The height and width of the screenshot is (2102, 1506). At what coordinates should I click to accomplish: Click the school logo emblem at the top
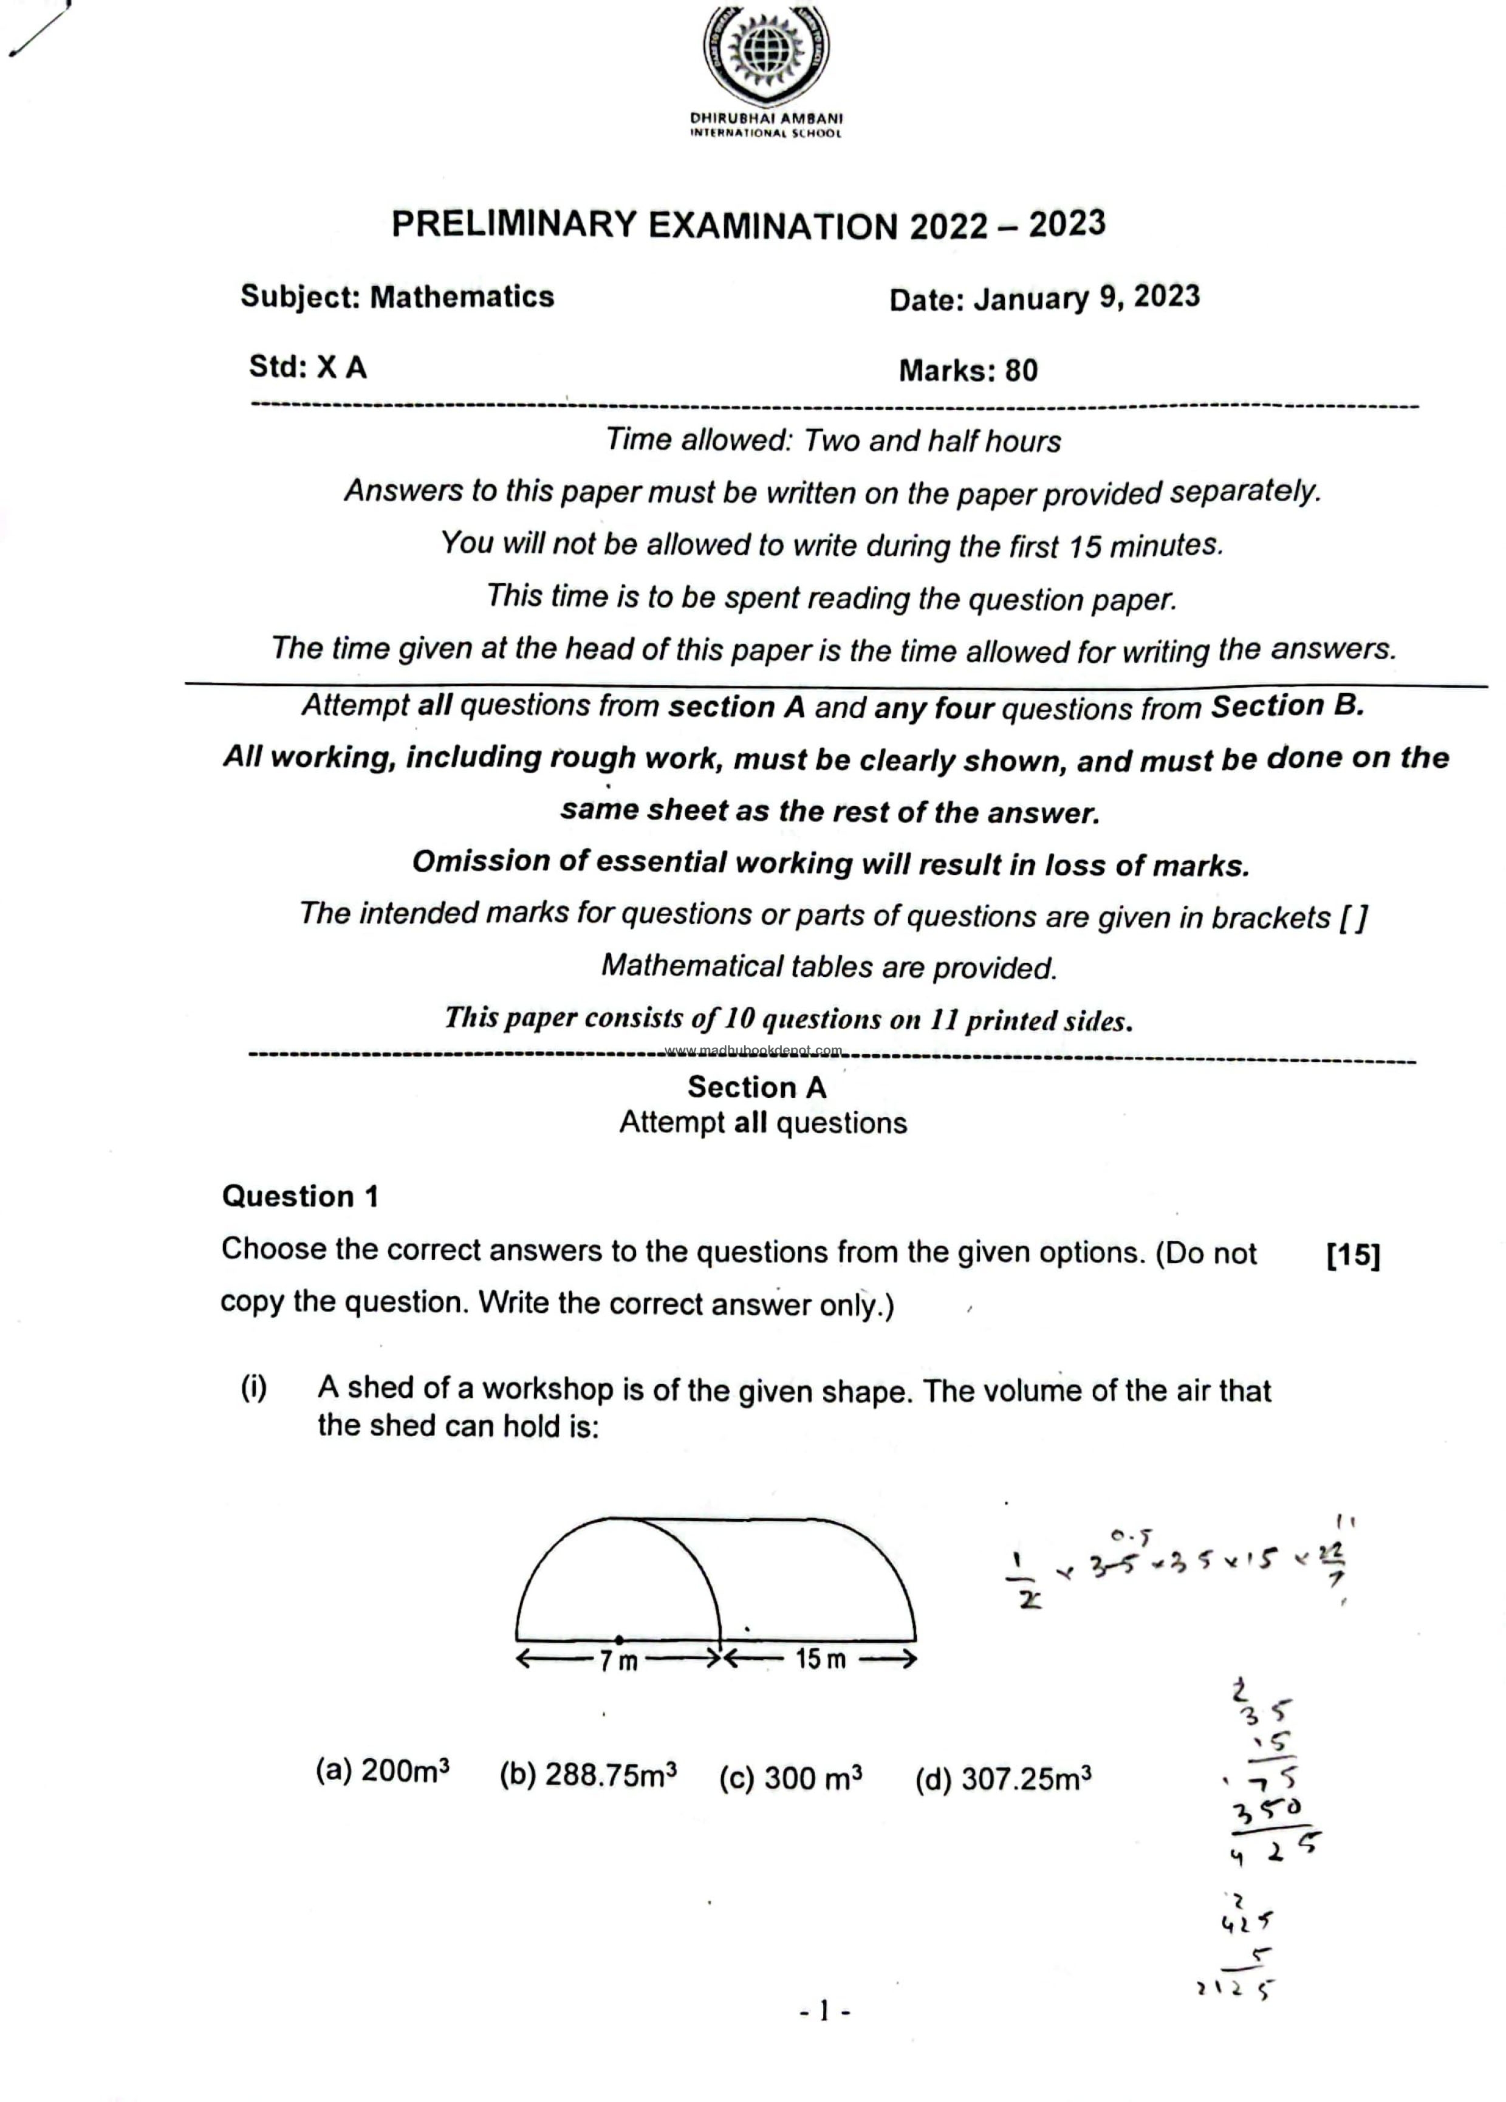pos(765,56)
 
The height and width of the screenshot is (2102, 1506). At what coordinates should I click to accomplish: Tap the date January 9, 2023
pos(1086,298)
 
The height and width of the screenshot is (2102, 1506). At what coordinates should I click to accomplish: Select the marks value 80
pos(1021,371)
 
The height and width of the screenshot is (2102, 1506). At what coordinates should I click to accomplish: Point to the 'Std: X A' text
pos(307,367)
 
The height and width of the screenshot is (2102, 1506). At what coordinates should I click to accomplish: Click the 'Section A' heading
pos(756,1086)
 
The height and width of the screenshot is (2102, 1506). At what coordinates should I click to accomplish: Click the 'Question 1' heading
pos(300,1196)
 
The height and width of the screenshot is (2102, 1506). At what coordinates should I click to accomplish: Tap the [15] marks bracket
pos(1353,1255)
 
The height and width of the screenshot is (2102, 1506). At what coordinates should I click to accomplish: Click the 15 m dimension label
pos(820,1659)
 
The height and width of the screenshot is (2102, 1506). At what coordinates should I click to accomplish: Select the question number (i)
pos(253,1388)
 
